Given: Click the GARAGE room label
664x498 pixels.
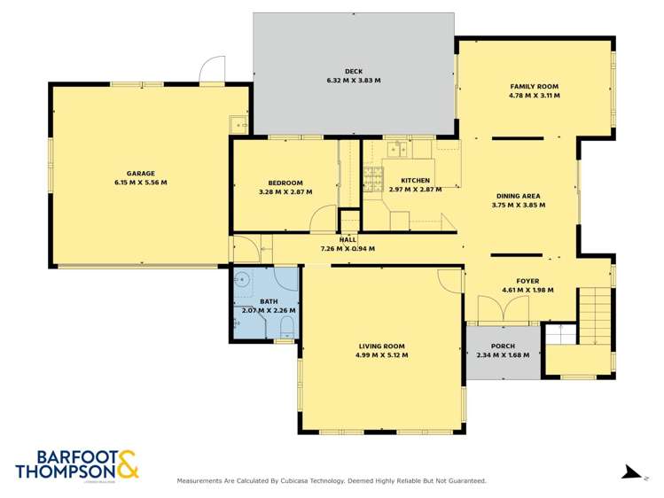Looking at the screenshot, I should tap(140, 173).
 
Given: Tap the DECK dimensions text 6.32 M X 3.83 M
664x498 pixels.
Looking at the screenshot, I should tap(353, 81).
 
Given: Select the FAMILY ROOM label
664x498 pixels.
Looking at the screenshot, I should tap(534, 86).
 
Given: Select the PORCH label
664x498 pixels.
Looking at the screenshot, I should tap(502, 346).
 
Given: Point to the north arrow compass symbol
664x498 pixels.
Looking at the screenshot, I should tap(631, 472).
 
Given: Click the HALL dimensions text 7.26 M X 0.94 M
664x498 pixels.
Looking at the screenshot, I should tap(348, 249).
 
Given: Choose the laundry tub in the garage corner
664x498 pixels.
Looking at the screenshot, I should tap(238, 125).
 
